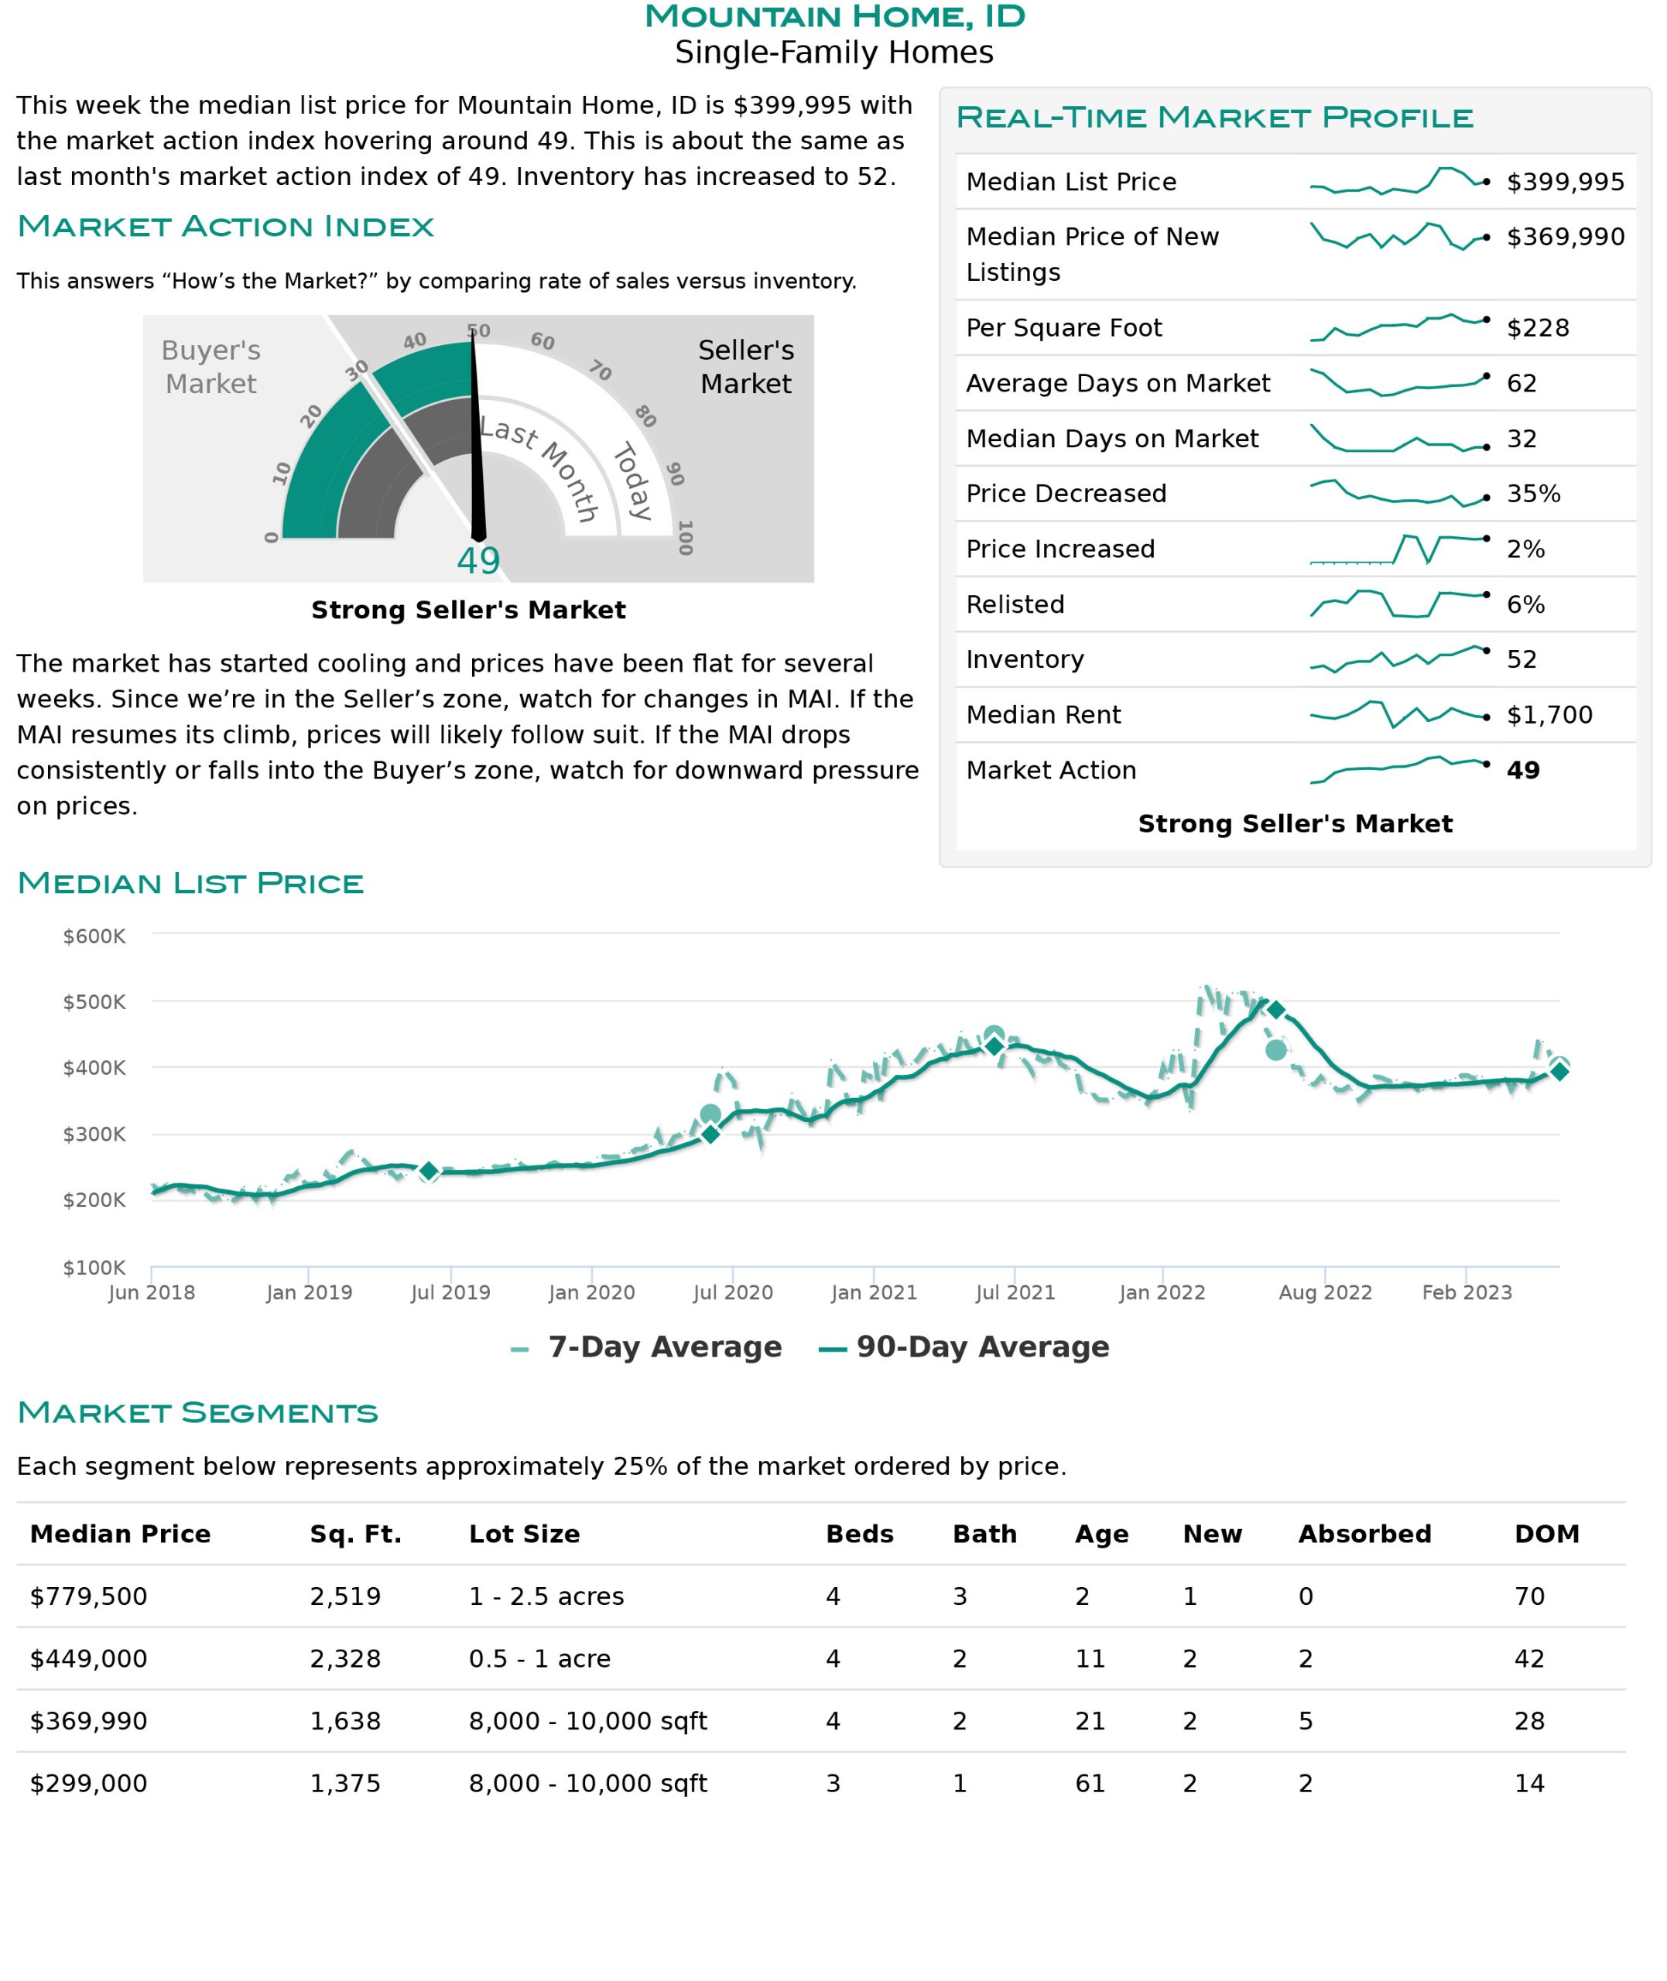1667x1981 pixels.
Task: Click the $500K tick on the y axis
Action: [94, 1001]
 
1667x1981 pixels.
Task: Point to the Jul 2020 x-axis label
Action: [732, 1292]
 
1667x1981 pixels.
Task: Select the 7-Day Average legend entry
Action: [646, 1347]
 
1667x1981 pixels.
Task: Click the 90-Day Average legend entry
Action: [964, 1347]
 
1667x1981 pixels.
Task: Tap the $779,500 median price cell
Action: [89, 1596]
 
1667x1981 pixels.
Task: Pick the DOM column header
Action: [1547, 1535]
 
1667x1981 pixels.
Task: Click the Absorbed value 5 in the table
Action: [1306, 1721]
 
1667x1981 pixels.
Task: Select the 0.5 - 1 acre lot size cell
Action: [539, 1659]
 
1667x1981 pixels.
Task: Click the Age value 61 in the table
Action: [1090, 1784]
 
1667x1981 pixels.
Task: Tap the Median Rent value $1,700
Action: [1550, 715]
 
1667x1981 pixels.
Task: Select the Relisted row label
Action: [1015, 604]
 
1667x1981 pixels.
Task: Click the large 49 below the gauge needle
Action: [478, 561]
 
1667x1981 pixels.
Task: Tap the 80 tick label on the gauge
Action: [645, 416]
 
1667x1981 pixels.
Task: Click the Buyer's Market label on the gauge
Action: [211, 367]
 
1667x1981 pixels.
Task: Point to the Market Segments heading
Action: [197, 1412]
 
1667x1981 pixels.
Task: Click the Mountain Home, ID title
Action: [834, 16]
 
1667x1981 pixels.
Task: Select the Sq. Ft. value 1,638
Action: [345, 1721]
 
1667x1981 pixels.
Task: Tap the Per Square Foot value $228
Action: [1538, 328]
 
